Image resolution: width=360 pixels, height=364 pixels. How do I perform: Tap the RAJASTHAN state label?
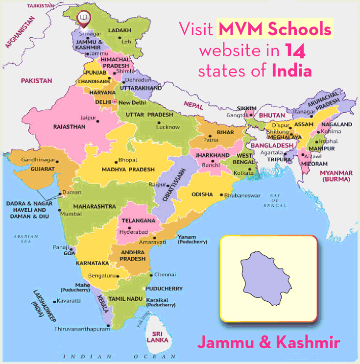[x=69, y=126]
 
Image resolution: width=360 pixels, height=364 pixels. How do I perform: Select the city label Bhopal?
[x=128, y=160]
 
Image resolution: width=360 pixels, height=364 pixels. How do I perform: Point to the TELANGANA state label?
[x=139, y=220]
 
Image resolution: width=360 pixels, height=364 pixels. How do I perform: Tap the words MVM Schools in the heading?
[x=274, y=30]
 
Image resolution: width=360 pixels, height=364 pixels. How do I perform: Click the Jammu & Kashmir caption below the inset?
[x=268, y=341]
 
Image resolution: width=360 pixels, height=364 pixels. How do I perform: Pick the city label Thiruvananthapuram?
[x=82, y=329]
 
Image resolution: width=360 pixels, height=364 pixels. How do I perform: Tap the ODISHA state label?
[x=202, y=194]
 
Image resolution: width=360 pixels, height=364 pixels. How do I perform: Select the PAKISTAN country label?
[x=35, y=80]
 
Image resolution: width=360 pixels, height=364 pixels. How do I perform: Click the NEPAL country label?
[x=192, y=104]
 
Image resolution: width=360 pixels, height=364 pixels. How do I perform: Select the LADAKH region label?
[x=122, y=30]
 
